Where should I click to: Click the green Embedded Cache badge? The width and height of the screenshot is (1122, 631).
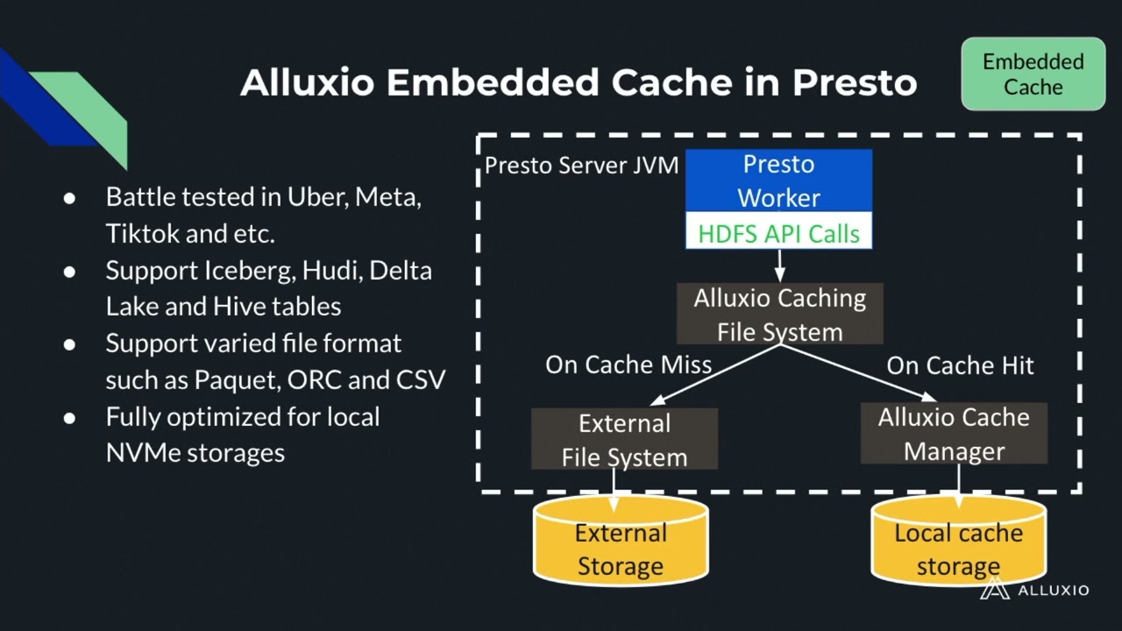coord(1033,74)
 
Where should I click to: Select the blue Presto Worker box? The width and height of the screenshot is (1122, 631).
coord(778,181)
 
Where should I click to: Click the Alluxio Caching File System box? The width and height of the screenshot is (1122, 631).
coord(779,314)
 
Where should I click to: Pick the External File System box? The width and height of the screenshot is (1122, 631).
coord(624,439)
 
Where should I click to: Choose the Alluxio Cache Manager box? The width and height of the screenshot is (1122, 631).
coord(954,434)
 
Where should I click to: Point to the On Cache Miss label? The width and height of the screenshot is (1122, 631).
coord(628,365)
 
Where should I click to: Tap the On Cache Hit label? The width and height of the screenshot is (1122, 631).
coord(960,365)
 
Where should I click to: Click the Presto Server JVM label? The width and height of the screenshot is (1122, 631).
coord(581,166)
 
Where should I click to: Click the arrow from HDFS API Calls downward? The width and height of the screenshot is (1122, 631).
coord(779,266)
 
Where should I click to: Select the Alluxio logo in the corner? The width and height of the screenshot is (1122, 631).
coord(1033,590)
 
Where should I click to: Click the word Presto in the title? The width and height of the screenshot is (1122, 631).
coord(855,82)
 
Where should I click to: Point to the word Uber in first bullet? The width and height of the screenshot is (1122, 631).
coord(316,197)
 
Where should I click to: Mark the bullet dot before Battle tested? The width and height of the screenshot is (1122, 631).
coord(70,198)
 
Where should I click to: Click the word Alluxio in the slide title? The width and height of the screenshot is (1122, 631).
coord(308,82)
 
